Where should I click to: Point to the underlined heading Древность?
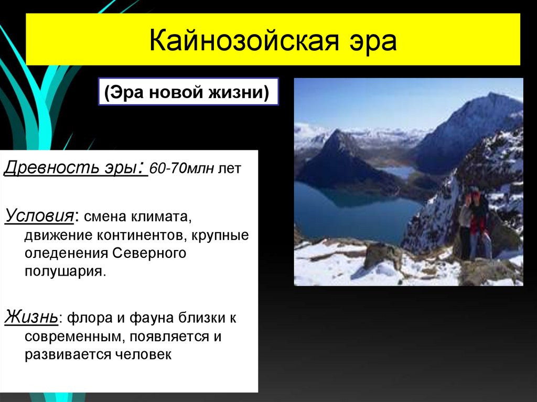(52, 169)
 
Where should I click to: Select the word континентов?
(133, 234)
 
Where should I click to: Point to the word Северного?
(149, 253)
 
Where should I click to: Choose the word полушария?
(65, 272)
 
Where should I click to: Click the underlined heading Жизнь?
(31, 317)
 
